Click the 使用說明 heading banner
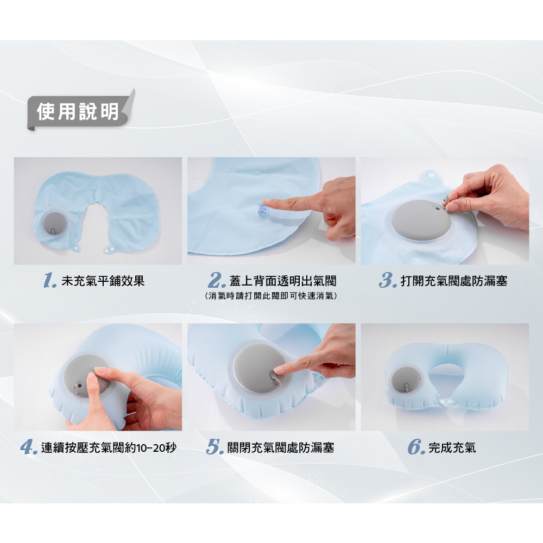pyautogui.click(x=79, y=111)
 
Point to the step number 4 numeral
pyautogui.click(x=29, y=447)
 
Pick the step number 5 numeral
pyautogui.click(x=214, y=447)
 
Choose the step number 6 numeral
pyautogui.click(x=416, y=447)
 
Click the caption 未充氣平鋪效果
pyautogui.click(x=103, y=281)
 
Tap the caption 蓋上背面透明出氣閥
pyautogui.click(x=282, y=281)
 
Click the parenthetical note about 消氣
pyautogui.click(x=271, y=296)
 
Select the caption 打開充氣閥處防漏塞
pyautogui.click(x=453, y=281)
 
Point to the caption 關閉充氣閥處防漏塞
pyautogui.click(x=281, y=448)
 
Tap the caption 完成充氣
pyautogui.click(x=452, y=448)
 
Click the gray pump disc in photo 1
pyautogui.click(x=54, y=223)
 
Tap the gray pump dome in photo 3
pyautogui.click(x=421, y=218)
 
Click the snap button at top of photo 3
pyautogui.click(x=432, y=175)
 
